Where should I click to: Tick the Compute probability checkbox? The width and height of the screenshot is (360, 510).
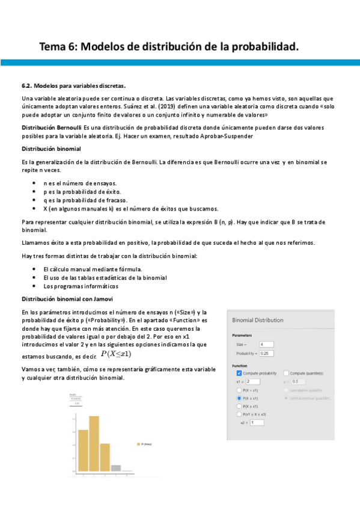239,373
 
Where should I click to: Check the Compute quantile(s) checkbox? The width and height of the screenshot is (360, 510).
285,373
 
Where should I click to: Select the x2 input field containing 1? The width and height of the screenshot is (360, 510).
257,423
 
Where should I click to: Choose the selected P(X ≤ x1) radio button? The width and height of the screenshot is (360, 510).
239,398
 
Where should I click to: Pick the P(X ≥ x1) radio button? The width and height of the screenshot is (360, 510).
239,407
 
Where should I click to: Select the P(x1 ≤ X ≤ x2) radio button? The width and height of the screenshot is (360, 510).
239,415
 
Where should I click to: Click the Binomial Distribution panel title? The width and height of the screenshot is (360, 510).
257,321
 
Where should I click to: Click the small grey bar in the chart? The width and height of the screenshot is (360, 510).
115,467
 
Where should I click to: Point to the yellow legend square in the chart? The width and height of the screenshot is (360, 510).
138,444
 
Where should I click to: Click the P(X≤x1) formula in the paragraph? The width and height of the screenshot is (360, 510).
116,354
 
